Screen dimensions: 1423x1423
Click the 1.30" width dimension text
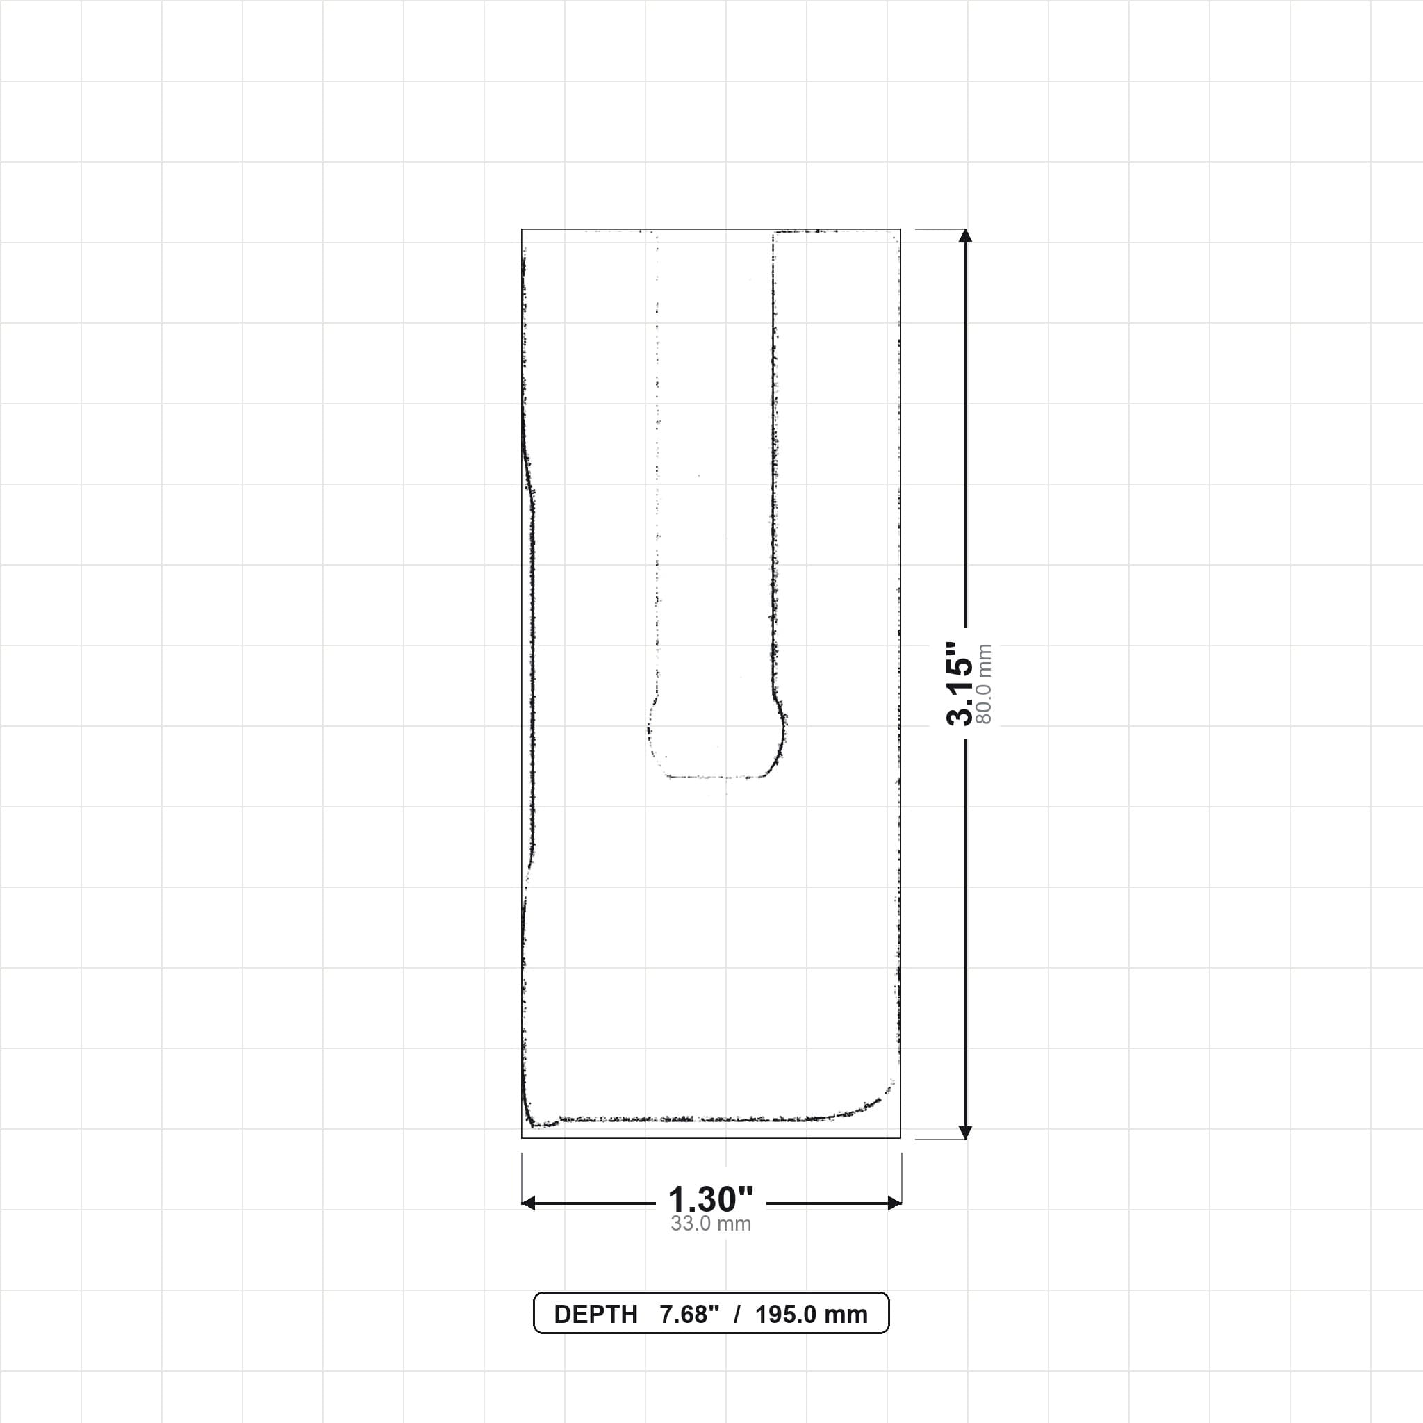pyautogui.click(x=711, y=1200)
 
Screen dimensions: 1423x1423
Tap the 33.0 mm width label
pyautogui.click(x=711, y=1224)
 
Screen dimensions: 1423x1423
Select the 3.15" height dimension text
pyautogui.click(x=960, y=684)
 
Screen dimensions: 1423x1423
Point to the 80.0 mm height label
pyautogui.click(x=983, y=684)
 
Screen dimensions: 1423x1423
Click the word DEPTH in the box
pyautogui.click(x=595, y=1315)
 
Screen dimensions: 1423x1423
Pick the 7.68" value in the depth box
pyautogui.click(x=689, y=1315)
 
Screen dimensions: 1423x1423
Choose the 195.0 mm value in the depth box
pyautogui.click(x=811, y=1315)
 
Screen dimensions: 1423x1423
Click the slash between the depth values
pyautogui.click(x=737, y=1315)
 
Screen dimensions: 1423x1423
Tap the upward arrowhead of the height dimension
pyautogui.click(x=966, y=236)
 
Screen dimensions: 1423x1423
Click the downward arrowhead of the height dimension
pyautogui.click(x=966, y=1132)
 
